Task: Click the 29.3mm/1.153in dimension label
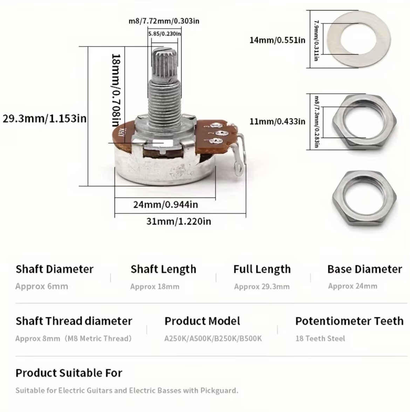click(x=45, y=118)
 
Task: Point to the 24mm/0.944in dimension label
click(x=165, y=205)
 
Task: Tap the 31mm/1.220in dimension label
click(x=179, y=221)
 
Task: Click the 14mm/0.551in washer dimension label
click(x=277, y=40)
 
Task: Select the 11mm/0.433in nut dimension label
click(x=277, y=121)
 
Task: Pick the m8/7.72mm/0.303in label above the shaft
click(x=164, y=21)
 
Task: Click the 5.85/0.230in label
click(x=165, y=34)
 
